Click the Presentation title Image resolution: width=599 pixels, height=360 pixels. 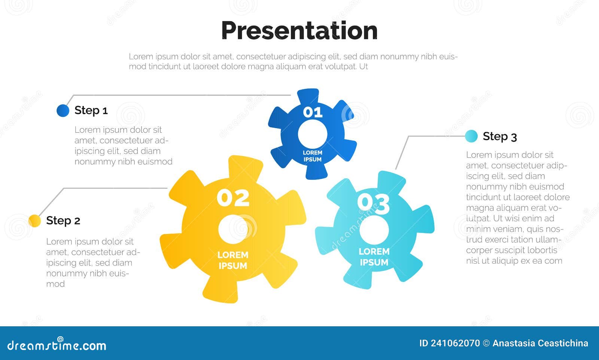click(x=299, y=31)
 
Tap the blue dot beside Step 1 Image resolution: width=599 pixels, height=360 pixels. click(x=63, y=111)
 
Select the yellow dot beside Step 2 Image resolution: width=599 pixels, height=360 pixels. click(x=34, y=221)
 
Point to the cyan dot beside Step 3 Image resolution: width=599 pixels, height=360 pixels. click(x=471, y=136)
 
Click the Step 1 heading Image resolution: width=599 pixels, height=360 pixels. click(x=91, y=111)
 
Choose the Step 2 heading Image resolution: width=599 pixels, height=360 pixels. click(x=63, y=221)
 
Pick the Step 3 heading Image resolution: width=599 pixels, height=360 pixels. click(x=500, y=136)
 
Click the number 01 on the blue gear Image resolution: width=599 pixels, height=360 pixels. click(x=313, y=112)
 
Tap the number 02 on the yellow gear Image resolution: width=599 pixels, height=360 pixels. click(x=233, y=198)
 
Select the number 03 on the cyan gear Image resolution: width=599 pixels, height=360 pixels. click(x=374, y=204)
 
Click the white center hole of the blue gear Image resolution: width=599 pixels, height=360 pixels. click(x=313, y=134)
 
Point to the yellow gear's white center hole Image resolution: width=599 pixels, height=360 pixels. click(x=233, y=229)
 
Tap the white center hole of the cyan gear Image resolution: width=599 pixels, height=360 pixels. click(x=374, y=230)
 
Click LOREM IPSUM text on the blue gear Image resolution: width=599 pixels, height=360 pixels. click(x=313, y=156)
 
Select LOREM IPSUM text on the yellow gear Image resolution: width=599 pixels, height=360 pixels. click(x=233, y=260)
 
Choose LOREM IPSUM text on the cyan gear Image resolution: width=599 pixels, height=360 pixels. click(x=374, y=257)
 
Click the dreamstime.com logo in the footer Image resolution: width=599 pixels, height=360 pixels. click(x=57, y=344)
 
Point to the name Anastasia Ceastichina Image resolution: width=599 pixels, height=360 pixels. click(x=540, y=343)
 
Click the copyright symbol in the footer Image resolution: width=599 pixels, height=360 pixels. click(x=486, y=343)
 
